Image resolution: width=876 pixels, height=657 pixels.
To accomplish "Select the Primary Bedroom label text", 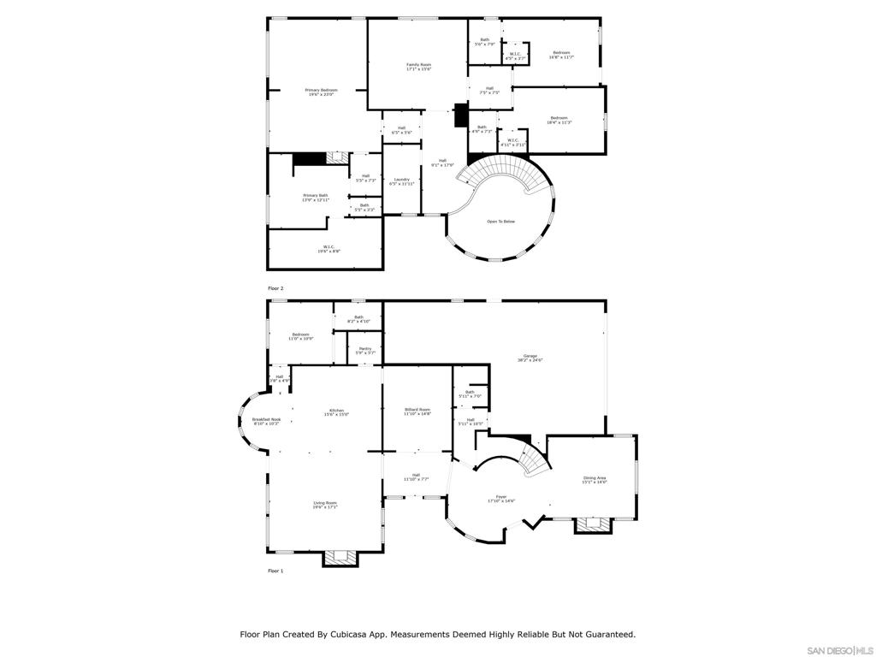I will [x=322, y=92].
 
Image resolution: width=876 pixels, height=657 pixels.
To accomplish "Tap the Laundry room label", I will [x=401, y=181].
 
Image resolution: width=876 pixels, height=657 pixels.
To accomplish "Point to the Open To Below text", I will [x=501, y=222].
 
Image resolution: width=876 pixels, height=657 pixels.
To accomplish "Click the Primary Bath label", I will [x=315, y=198].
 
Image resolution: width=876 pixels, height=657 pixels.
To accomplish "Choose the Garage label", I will [x=530, y=358].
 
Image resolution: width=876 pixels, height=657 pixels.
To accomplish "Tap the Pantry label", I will [x=365, y=351].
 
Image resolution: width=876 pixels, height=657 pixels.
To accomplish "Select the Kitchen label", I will [x=337, y=412].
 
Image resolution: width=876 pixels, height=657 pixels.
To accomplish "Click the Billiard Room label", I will [x=417, y=411].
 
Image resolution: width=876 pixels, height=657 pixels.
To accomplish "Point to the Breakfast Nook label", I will [x=267, y=421].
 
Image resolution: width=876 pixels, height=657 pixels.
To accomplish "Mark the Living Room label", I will [x=325, y=505].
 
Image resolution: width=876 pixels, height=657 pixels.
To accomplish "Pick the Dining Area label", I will [x=595, y=480].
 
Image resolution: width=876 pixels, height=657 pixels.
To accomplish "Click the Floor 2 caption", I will [x=275, y=288].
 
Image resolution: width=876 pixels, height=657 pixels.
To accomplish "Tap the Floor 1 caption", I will [x=275, y=571].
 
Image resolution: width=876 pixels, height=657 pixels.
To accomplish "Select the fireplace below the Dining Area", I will [x=593, y=524].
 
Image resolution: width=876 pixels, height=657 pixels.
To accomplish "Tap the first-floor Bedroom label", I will [x=300, y=336].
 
